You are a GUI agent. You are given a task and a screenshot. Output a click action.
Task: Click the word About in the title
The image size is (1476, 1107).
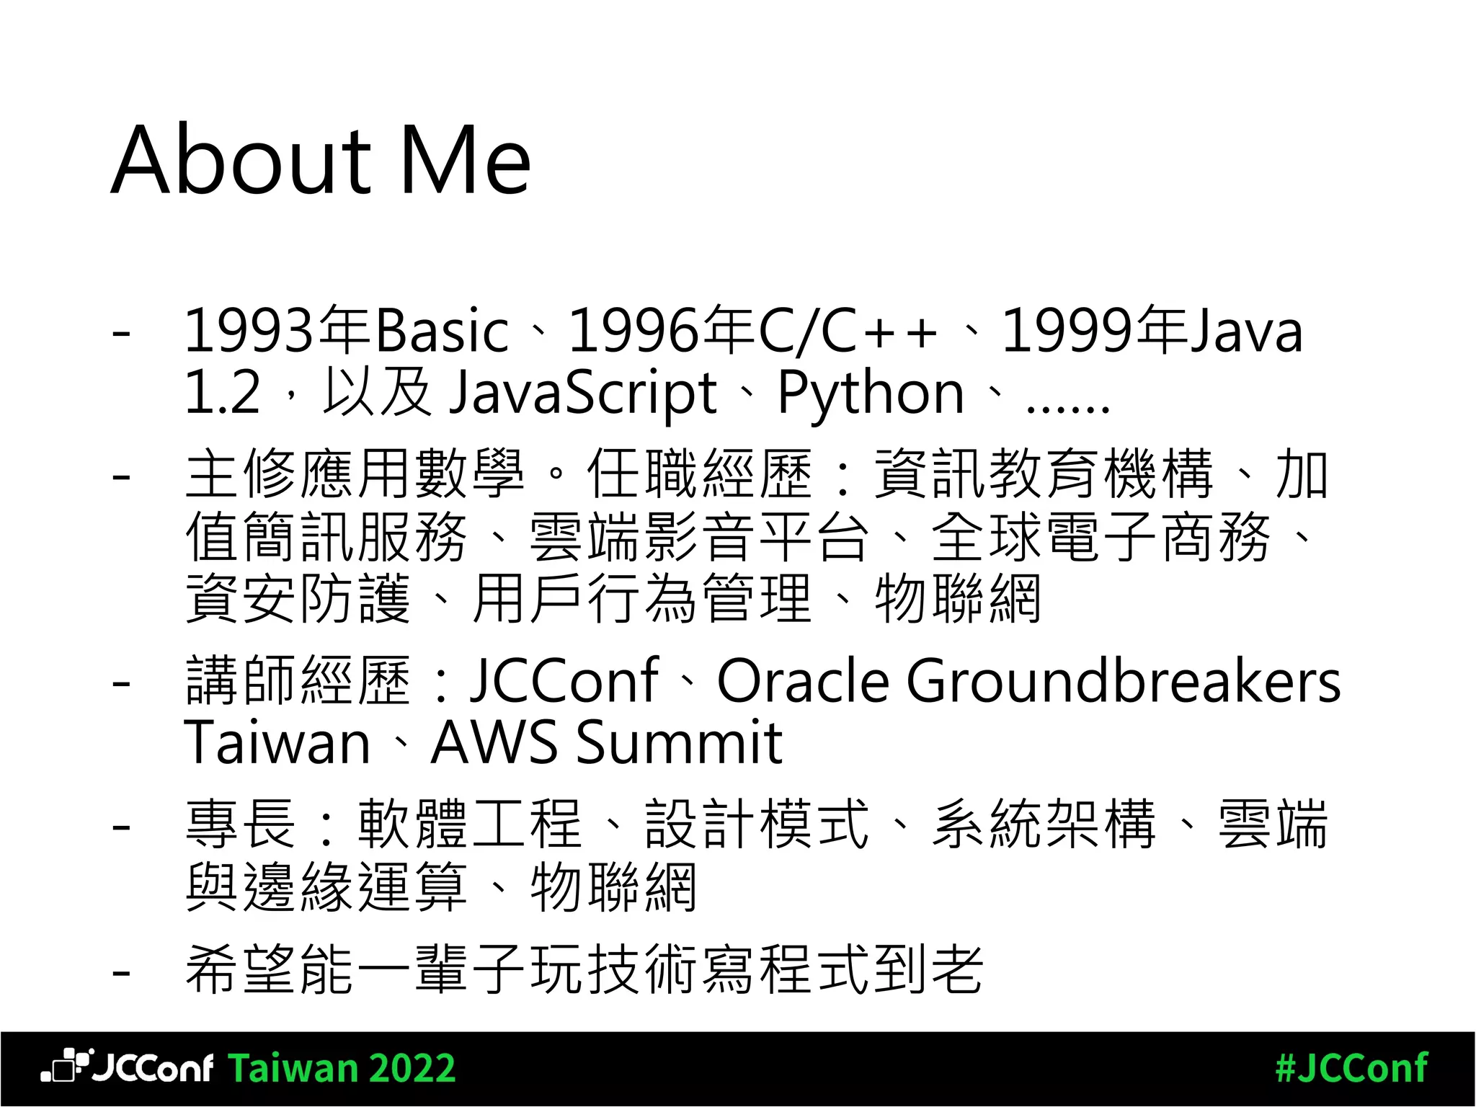[241, 160]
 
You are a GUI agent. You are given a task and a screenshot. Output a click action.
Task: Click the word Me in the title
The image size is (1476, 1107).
[464, 160]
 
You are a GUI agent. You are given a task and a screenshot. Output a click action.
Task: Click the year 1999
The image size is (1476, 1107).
[1067, 331]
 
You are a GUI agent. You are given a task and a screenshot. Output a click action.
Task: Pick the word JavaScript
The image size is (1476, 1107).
[582, 394]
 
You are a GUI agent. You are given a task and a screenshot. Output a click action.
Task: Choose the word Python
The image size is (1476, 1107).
[871, 394]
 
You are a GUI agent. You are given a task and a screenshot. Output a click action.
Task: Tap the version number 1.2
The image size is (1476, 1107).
[222, 394]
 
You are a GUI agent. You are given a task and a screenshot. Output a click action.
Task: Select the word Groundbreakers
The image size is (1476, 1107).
[1123, 680]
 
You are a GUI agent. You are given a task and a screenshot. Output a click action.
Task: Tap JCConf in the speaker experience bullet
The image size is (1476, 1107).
[564, 680]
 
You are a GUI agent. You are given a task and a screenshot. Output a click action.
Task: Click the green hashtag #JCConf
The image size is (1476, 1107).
[1351, 1068]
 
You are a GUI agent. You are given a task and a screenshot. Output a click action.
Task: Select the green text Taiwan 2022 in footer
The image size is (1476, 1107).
[342, 1068]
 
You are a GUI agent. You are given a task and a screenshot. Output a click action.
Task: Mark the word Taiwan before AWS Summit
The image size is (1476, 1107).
[277, 742]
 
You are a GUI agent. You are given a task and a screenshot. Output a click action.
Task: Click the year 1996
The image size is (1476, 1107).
[634, 331]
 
